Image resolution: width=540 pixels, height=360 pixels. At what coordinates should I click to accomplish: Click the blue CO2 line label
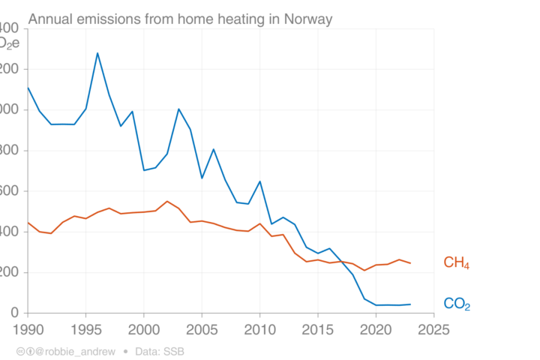pos(457,304)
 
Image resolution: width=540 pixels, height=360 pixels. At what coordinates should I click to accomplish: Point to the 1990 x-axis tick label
pos(28,328)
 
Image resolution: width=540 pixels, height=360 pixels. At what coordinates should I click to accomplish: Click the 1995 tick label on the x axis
pos(85,328)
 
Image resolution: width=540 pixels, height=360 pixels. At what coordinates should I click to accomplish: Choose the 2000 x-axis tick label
pos(144,328)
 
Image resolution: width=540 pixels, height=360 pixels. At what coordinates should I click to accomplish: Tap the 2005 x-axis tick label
pos(202,328)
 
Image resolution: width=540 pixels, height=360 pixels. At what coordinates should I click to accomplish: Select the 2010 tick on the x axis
pos(260,328)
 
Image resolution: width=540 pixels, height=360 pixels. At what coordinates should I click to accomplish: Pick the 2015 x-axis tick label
pos(318,328)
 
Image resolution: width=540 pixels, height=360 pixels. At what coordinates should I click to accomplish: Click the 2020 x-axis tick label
pos(376,328)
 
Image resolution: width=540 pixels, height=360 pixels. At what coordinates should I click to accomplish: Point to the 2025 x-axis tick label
pos(433,328)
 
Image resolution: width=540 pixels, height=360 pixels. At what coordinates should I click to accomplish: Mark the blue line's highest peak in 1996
pos(97,53)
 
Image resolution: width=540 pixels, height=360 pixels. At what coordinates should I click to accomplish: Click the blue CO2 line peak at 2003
pos(178,109)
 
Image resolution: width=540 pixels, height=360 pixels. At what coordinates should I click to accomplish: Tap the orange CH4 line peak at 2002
pos(166,201)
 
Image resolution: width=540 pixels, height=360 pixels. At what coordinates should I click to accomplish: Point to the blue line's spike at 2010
pos(259,181)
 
